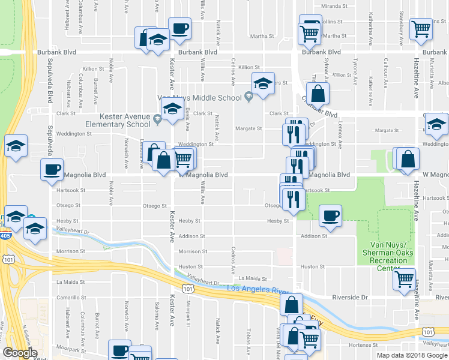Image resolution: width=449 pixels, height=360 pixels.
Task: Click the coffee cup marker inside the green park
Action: click(x=330, y=216)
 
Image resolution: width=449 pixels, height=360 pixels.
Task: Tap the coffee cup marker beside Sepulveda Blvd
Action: click(x=52, y=169)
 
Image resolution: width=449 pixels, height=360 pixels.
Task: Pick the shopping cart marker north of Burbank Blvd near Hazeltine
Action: click(x=421, y=28)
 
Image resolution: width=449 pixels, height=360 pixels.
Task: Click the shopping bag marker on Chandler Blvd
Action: click(x=320, y=94)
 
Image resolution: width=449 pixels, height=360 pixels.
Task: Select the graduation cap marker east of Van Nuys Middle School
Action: click(x=263, y=85)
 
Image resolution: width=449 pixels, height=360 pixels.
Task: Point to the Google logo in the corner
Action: click(x=20, y=353)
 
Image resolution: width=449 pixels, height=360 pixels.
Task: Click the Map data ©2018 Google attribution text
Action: click(x=412, y=355)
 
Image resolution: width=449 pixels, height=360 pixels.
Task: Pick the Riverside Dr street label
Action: click(x=349, y=297)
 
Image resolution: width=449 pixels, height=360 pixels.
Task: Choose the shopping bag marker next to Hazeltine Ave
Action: click(x=408, y=159)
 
